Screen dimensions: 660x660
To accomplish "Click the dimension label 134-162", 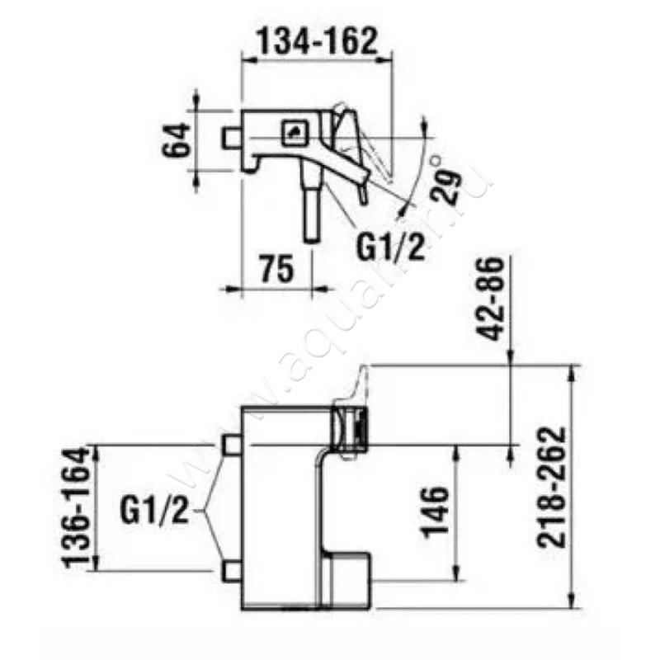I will (317, 40).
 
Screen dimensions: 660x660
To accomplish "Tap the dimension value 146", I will (438, 511).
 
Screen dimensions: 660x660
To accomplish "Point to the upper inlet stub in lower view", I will (230, 445).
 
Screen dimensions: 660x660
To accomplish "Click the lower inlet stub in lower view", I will (230, 571).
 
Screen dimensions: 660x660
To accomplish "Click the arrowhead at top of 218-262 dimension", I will (571, 370).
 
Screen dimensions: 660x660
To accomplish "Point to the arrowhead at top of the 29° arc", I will (423, 124).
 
